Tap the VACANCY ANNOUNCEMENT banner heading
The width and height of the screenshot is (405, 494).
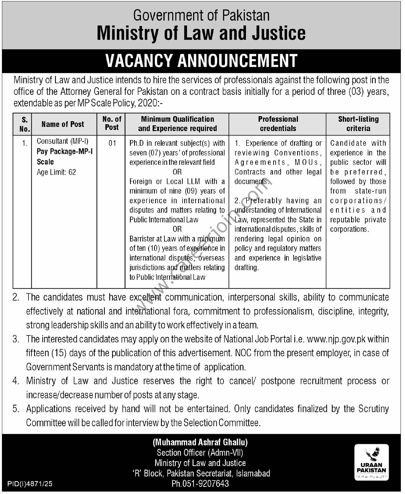[201, 61]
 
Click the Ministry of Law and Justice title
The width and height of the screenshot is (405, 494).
[201, 33]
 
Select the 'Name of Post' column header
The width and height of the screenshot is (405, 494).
[63, 124]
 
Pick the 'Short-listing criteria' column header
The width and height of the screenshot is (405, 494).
[358, 124]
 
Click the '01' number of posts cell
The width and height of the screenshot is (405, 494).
[112, 143]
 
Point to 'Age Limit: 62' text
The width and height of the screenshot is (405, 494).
[56, 172]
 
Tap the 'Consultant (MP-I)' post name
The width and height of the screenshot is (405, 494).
[63, 141]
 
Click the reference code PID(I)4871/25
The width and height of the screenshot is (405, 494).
[30, 484]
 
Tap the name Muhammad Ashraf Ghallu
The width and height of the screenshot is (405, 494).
[200, 442]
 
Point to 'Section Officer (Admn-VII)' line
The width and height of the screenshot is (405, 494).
[200, 452]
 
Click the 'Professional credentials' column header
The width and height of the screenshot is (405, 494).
[278, 124]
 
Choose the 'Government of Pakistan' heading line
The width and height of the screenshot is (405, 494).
[201, 16]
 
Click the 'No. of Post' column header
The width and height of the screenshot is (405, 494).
[112, 123]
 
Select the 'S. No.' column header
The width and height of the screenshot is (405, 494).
[25, 124]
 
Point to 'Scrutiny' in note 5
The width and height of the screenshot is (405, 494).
[374, 409]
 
